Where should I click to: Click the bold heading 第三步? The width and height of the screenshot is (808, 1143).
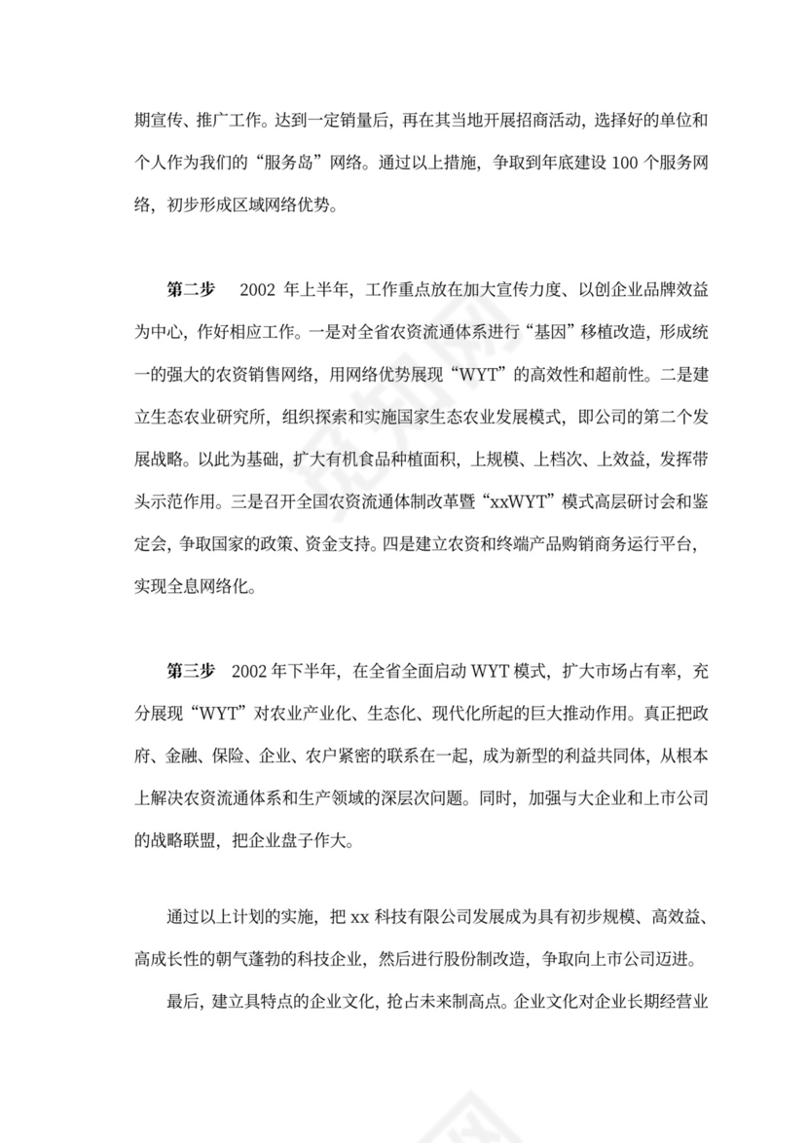pyautogui.click(x=190, y=670)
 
